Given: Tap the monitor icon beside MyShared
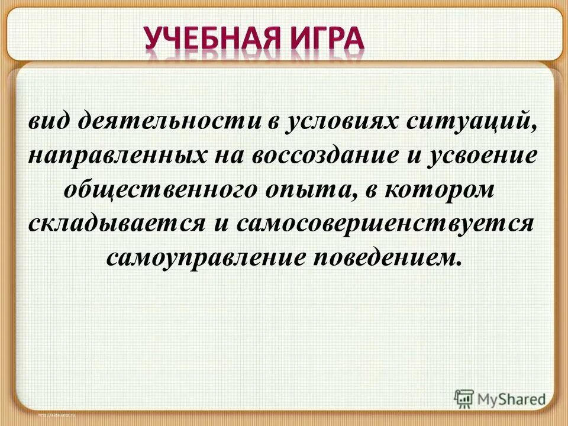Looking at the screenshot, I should pos(464,397).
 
